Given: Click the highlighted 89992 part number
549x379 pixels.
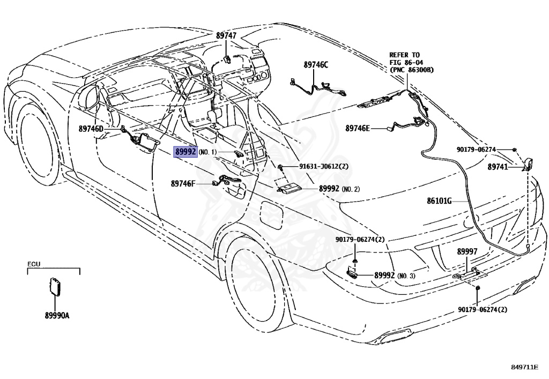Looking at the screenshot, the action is click(x=186, y=152).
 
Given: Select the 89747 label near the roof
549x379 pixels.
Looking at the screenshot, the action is click(x=226, y=35).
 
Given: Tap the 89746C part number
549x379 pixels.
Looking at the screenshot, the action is click(x=316, y=65).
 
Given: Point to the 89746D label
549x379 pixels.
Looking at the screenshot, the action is click(x=91, y=129).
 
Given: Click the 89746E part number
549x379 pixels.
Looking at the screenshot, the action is click(x=358, y=129).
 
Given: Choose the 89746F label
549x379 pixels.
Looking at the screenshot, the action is click(x=183, y=183).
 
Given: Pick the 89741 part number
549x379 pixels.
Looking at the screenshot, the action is click(x=498, y=167).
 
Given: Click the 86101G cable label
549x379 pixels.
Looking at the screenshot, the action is click(x=439, y=201).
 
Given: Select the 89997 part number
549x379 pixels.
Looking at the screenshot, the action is click(x=467, y=251).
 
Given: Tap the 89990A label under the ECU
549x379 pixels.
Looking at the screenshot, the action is click(x=57, y=316).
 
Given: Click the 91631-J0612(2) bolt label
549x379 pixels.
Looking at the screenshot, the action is click(x=324, y=166).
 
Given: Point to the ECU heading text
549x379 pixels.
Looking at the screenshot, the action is click(x=34, y=264).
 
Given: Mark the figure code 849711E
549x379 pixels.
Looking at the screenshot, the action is click(x=524, y=367).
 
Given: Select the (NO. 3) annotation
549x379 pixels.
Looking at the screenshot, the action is click(x=406, y=276).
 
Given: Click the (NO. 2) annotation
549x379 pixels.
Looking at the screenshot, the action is click(x=351, y=189).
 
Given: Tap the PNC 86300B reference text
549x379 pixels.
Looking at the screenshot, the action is click(x=411, y=70).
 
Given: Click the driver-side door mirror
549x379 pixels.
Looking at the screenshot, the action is click(x=90, y=97).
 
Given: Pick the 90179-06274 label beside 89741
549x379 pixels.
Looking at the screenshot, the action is click(x=476, y=150).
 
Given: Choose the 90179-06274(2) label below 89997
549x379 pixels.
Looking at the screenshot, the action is click(x=483, y=309).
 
